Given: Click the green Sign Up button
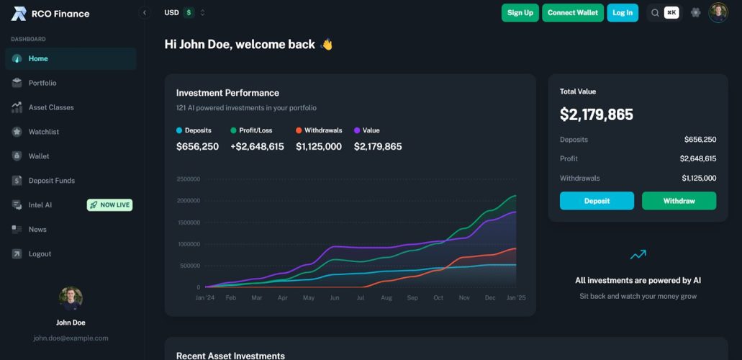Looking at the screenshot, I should click(x=520, y=13).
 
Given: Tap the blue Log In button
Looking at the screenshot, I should click(x=623, y=13).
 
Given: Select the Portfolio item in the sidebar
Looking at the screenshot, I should click(x=42, y=83).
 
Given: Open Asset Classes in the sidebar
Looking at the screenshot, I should click(x=51, y=107).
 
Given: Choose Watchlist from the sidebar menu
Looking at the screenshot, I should click(x=44, y=132).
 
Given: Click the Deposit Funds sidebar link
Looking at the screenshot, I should click(x=52, y=181).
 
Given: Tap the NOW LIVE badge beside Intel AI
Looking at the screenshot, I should click(x=109, y=205).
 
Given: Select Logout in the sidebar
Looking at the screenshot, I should click(x=40, y=254).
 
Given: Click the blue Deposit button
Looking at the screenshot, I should click(x=597, y=201).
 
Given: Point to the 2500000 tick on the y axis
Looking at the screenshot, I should click(x=188, y=179).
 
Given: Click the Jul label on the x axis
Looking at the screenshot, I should click(x=360, y=297).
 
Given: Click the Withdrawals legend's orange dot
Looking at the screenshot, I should click(x=299, y=130).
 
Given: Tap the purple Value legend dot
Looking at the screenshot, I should click(x=357, y=130).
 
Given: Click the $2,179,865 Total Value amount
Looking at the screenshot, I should click(x=596, y=114).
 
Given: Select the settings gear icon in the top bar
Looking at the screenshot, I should click(x=695, y=13).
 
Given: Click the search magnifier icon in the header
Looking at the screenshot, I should click(x=655, y=13).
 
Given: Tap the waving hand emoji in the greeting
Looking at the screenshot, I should click(x=327, y=45).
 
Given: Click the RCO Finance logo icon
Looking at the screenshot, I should click(x=19, y=13).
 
